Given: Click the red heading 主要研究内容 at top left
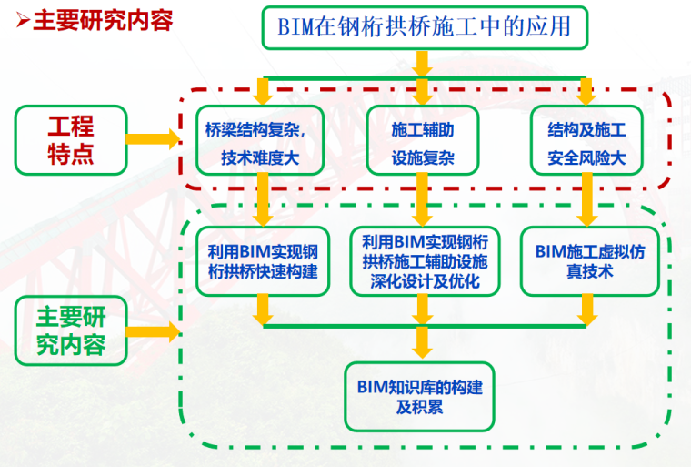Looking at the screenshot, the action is [x=103, y=21].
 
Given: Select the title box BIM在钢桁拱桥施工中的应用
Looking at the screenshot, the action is [x=425, y=27].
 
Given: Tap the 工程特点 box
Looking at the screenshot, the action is [x=71, y=140].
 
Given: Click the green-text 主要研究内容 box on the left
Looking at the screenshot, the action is [x=71, y=330].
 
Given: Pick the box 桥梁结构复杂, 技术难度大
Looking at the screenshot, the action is [x=260, y=140].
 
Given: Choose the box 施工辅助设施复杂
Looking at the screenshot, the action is [x=423, y=140].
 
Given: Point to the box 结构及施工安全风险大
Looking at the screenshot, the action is [x=586, y=140].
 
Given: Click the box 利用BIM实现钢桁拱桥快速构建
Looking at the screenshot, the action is [x=263, y=261].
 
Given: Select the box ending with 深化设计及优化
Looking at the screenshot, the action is [x=425, y=261].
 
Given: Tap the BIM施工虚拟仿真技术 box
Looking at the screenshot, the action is [x=590, y=261].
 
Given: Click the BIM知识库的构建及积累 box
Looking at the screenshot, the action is [x=419, y=397].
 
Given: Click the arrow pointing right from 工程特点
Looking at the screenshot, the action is [x=153, y=139].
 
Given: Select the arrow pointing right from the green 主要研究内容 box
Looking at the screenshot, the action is [x=153, y=331].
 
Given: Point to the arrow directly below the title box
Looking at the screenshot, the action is [x=422, y=64].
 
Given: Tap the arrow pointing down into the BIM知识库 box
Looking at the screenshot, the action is [x=422, y=342].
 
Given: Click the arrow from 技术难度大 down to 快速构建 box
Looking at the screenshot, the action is [x=263, y=199].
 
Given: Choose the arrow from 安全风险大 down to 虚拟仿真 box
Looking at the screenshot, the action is [x=587, y=199].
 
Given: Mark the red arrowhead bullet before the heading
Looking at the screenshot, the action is [x=23, y=20].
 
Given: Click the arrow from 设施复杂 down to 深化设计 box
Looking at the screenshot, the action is [x=422, y=199].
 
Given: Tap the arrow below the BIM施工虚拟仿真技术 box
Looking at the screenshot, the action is [x=587, y=310].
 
